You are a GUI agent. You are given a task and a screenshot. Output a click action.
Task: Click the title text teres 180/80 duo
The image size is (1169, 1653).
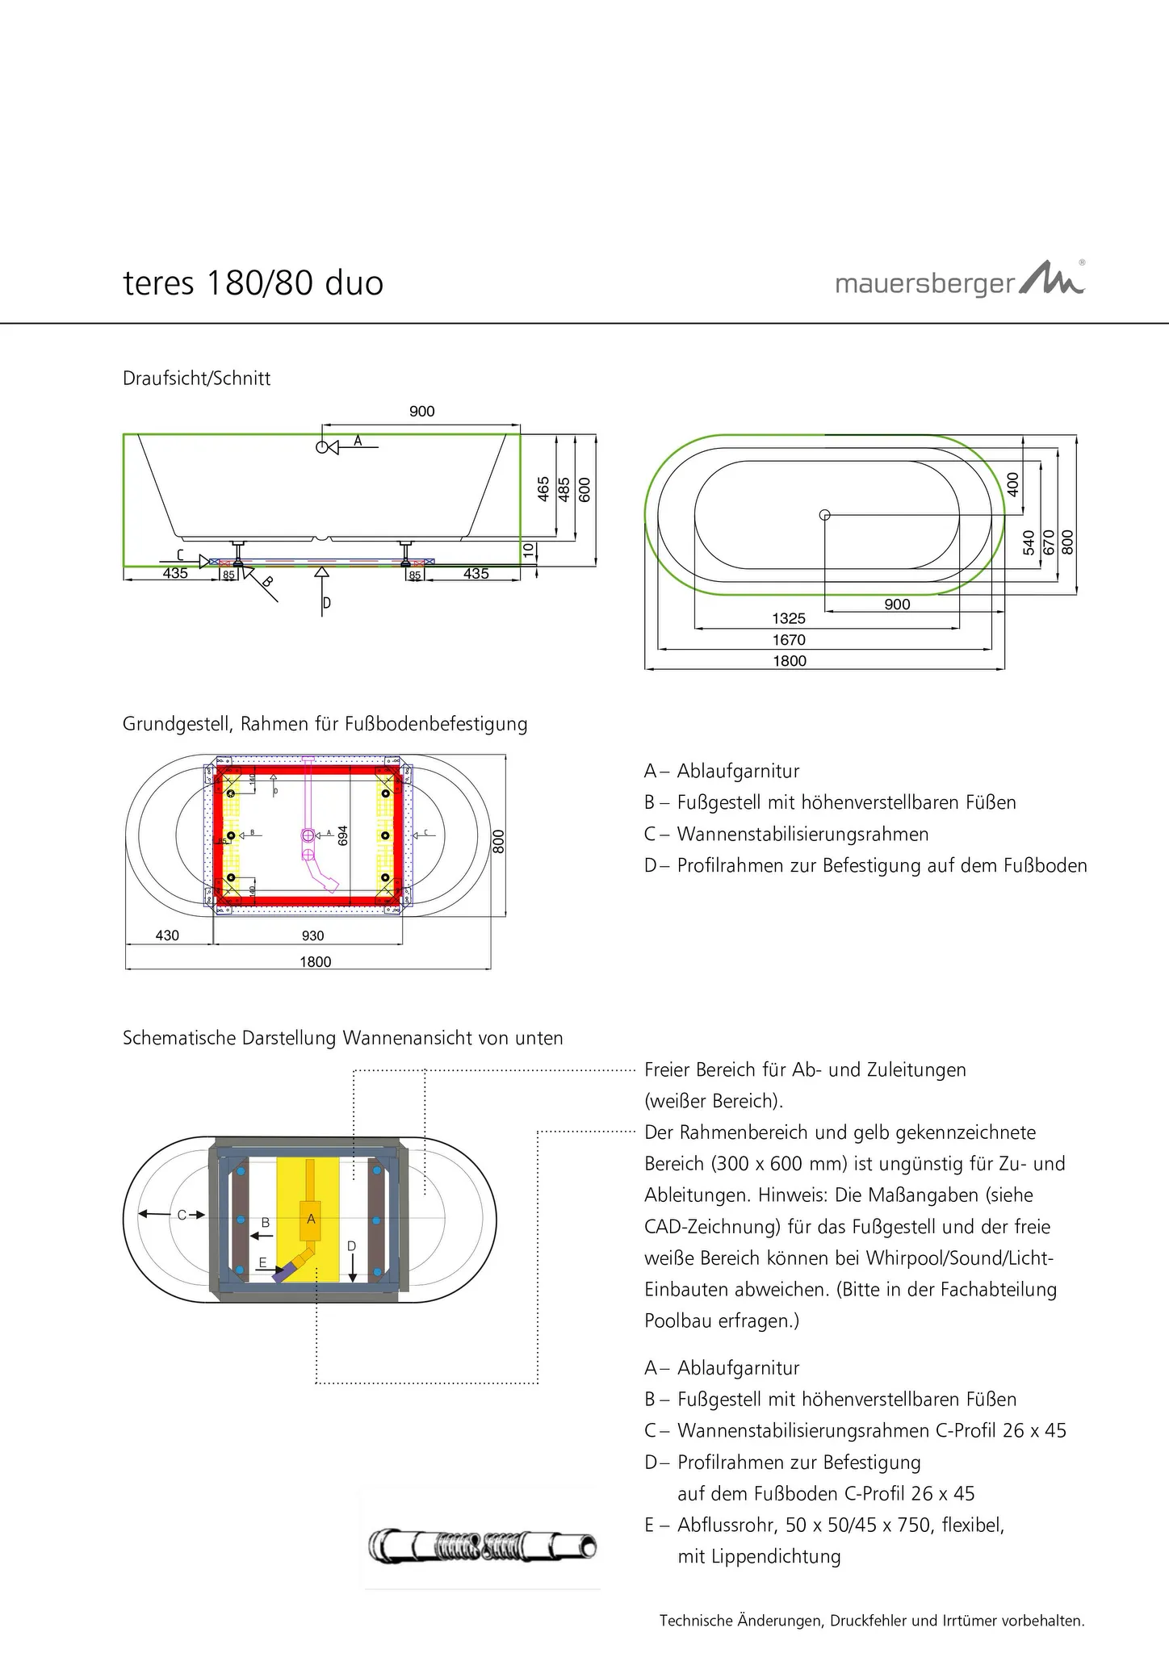pyautogui.click(x=253, y=283)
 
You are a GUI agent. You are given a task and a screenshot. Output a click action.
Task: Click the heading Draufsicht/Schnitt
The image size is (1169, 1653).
pyautogui.click(x=196, y=379)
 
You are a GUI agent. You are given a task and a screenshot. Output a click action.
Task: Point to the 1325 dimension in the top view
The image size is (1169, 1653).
pyautogui.click(x=789, y=619)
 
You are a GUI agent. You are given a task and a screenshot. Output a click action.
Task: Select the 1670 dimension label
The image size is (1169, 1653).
pyautogui.click(x=789, y=640)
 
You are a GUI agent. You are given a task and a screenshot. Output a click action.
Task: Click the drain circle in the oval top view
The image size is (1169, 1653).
pyautogui.click(x=824, y=515)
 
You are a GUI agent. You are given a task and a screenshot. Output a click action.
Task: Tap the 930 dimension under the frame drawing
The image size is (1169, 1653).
pyautogui.click(x=312, y=936)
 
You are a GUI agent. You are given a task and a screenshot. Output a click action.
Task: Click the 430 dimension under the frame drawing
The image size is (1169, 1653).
pyautogui.click(x=167, y=936)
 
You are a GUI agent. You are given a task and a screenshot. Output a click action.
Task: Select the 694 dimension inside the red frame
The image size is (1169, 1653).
pyautogui.click(x=342, y=835)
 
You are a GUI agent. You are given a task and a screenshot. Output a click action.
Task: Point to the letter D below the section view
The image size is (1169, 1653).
pyautogui.click(x=327, y=603)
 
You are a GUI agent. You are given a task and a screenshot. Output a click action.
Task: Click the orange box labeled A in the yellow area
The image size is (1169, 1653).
pyautogui.click(x=311, y=1220)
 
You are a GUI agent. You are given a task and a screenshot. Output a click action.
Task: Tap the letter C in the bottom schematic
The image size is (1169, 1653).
pyautogui.click(x=182, y=1214)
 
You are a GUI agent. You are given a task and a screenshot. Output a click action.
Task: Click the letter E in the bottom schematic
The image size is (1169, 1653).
pyautogui.click(x=262, y=1262)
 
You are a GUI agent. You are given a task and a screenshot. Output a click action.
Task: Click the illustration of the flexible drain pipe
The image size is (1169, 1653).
pyautogui.click(x=483, y=1546)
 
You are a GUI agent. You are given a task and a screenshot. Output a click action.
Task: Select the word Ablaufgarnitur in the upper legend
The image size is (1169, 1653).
pyautogui.click(x=738, y=771)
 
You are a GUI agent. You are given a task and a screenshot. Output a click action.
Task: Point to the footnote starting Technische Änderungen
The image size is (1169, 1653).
pyautogui.click(x=872, y=1620)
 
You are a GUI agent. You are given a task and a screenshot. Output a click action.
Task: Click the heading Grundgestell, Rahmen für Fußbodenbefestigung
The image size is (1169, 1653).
pyautogui.click(x=325, y=724)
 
